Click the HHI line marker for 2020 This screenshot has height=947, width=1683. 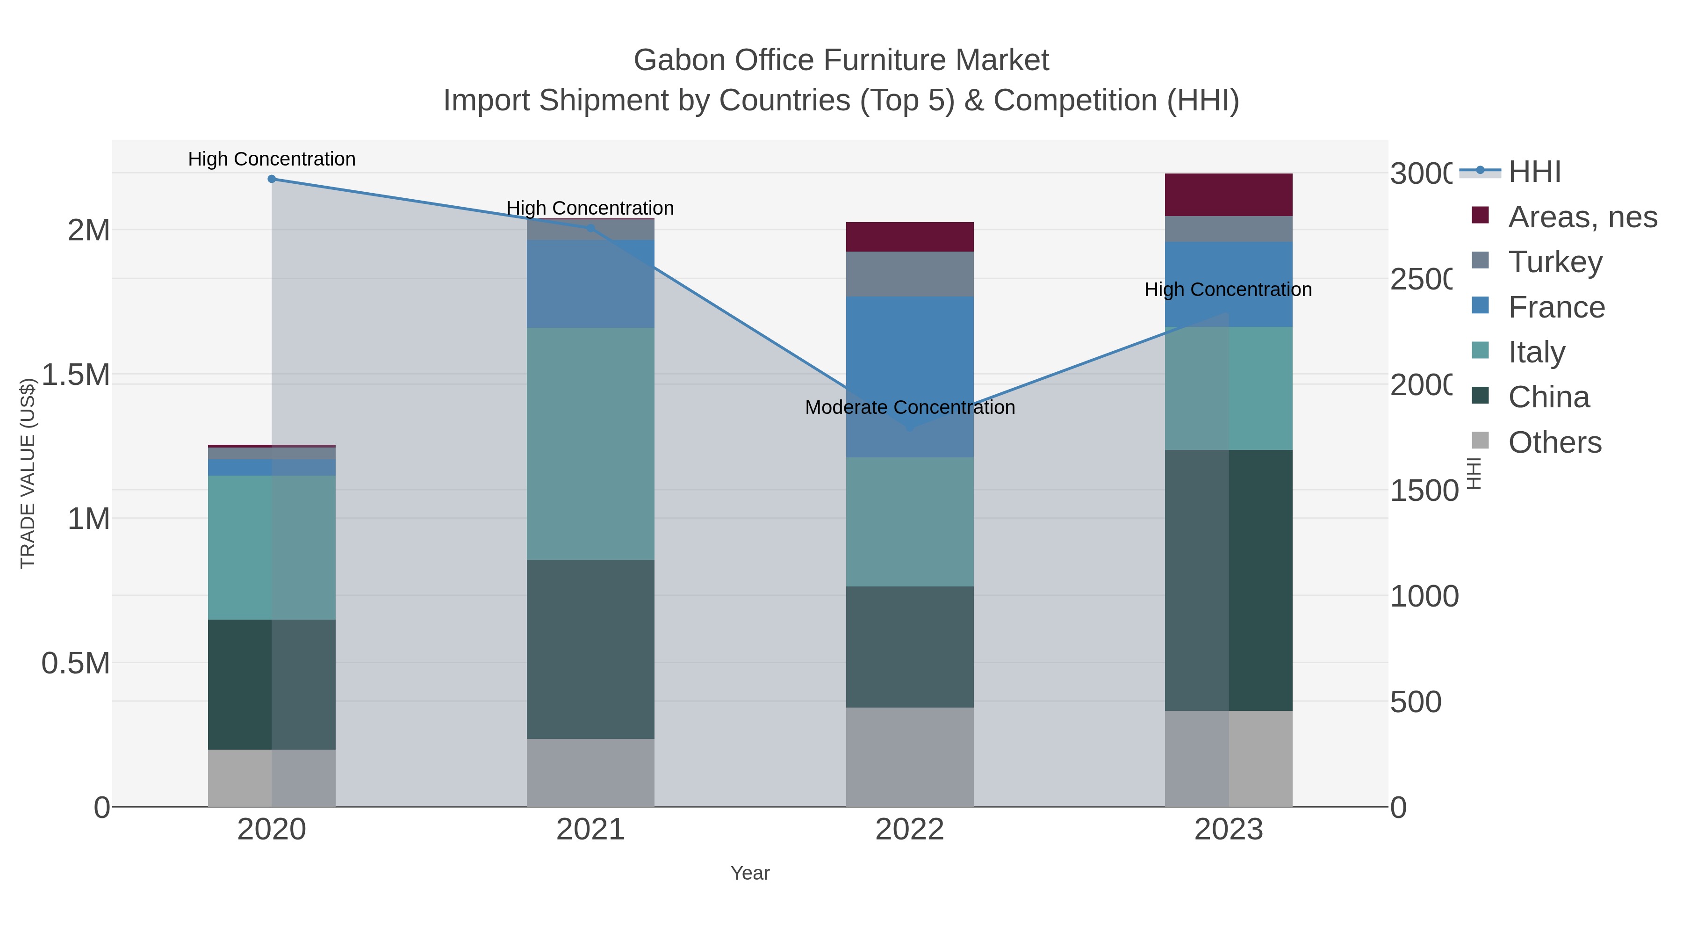(272, 179)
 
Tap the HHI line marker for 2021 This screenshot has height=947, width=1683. (590, 228)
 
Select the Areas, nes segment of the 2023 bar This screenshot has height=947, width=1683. (1228, 195)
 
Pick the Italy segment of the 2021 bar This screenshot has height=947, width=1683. (590, 443)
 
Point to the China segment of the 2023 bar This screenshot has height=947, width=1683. (1228, 580)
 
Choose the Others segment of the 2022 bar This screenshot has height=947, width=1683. (909, 757)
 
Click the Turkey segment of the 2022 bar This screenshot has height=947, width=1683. (909, 274)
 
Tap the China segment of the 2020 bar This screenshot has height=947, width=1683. (272, 684)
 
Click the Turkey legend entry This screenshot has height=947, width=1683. (1555, 262)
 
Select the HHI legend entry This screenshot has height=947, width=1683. (1534, 172)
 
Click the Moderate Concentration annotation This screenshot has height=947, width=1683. (909, 407)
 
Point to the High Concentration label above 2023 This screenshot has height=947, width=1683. (1228, 289)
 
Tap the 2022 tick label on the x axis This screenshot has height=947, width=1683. (909, 830)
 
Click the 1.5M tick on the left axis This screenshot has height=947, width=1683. (76, 375)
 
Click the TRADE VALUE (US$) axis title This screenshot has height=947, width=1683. (28, 473)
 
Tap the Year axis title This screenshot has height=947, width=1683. (750, 873)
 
